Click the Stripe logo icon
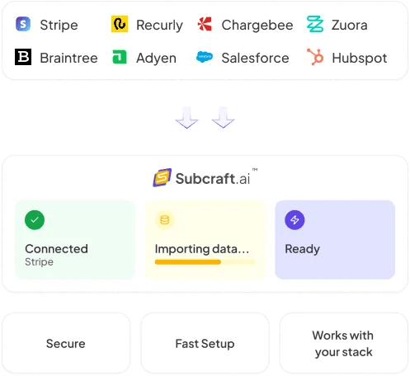(23, 24)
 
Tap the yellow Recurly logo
(120, 24)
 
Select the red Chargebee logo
(205, 24)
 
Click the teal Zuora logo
(315, 24)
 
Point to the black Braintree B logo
(23, 57)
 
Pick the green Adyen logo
(120, 57)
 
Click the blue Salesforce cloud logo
(205, 57)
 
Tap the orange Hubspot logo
(315, 57)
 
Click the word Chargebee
(257, 25)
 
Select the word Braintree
(68, 58)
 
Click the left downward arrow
(187, 117)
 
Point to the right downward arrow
(223, 117)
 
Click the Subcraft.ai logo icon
(163, 177)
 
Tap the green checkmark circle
(35, 220)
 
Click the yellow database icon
(165, 220)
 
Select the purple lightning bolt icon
(295, 220)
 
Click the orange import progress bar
(188, 262)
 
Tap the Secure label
(66, 344)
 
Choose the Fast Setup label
(205, 344)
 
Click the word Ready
(303, 249)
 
